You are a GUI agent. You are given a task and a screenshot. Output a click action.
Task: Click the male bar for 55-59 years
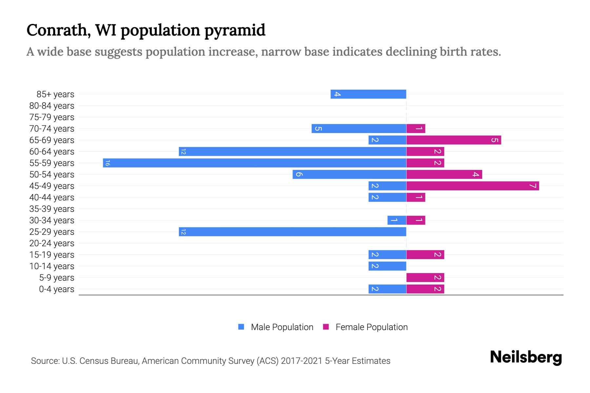pos(255,163)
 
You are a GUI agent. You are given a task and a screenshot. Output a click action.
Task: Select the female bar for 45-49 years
pos(473,186)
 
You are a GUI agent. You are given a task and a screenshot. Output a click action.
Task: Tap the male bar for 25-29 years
pos(292,232)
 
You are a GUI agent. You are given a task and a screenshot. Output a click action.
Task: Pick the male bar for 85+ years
pos(368,94)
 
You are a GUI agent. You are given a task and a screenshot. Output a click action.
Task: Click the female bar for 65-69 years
pos(454,140)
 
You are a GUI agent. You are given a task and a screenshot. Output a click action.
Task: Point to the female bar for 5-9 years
pos(425,277)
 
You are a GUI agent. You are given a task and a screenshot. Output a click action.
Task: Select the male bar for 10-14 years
pos(387,266)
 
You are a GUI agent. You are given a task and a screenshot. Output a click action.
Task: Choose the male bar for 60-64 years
pos(292,151)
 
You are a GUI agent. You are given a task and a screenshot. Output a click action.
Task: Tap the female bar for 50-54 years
pos(444,174)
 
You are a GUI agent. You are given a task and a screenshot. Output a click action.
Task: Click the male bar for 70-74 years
pos(359,128)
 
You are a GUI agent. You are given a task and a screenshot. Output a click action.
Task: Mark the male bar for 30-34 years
pos(397,220)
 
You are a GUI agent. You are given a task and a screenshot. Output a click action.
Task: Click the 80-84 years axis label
pos(52,106)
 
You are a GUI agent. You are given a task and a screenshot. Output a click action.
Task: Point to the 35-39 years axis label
pos(52,209)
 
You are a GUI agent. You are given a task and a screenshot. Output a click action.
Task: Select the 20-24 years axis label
pos(52,243)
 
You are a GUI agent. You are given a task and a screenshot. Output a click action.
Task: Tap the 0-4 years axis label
pos(56,289)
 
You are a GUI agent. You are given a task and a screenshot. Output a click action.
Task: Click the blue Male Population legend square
pos(241,327)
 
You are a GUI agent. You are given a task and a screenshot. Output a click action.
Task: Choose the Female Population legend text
pos(371,327)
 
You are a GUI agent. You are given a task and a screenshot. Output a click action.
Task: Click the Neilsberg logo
pos(526,357)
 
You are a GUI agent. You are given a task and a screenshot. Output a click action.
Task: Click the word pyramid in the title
pos(235,30)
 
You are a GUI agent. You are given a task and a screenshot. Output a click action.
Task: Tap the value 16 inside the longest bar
pos(108,163)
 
